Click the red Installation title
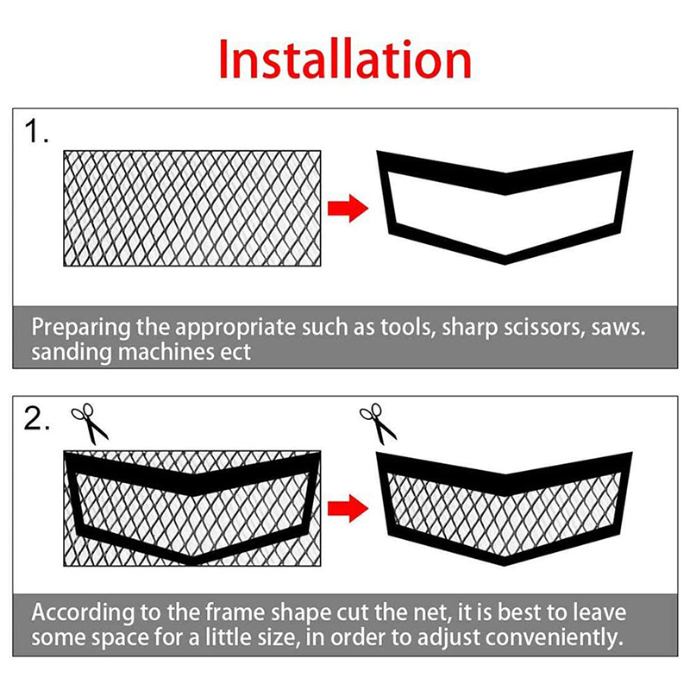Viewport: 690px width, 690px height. pos(345,59)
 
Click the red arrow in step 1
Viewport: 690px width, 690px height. pos(348,208)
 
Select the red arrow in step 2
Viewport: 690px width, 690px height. pos(348,508)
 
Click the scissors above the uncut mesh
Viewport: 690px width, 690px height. pos(90,423)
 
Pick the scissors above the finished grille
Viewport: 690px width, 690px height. pos(378,423)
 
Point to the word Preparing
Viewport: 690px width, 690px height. pos(81,329)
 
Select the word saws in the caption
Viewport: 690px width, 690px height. pos(618,329)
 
